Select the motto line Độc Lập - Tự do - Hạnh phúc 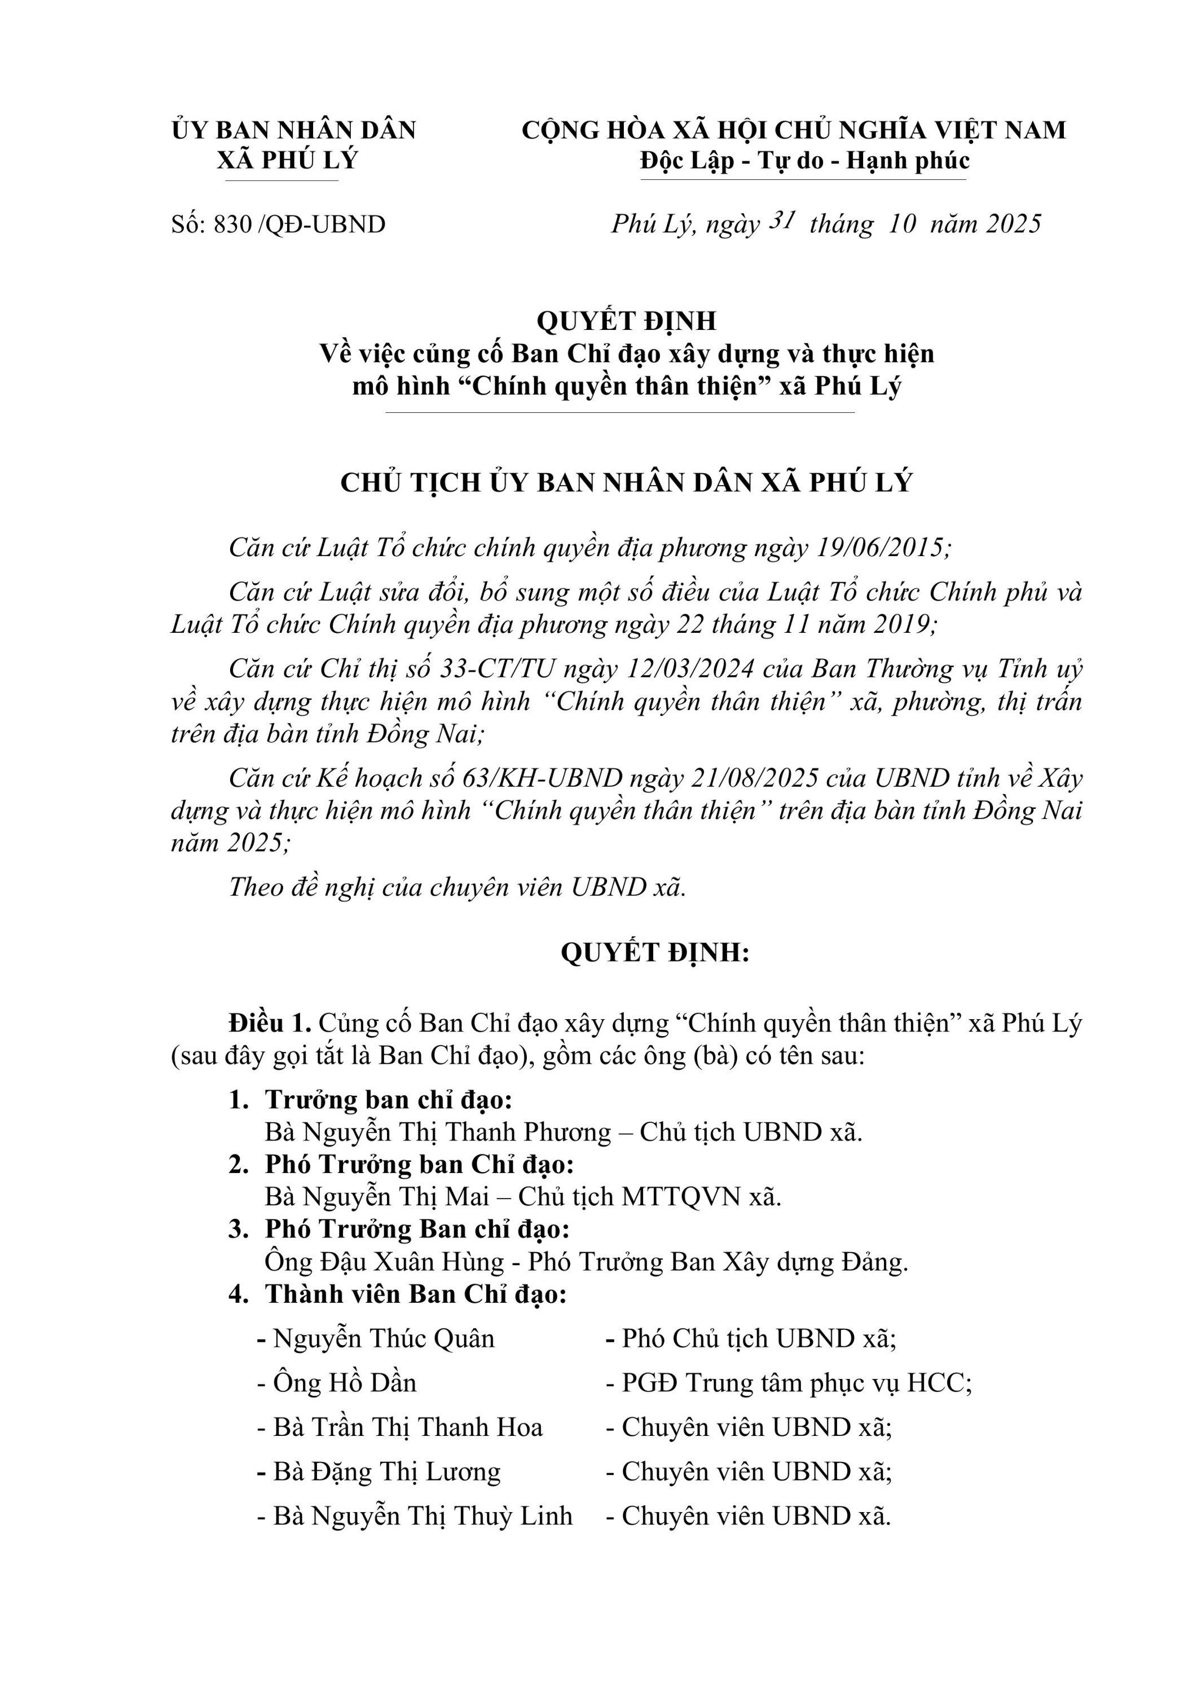(x=804, y=160)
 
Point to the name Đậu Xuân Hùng (x=413, y=1262)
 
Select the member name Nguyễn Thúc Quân (x=383, y=1338)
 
